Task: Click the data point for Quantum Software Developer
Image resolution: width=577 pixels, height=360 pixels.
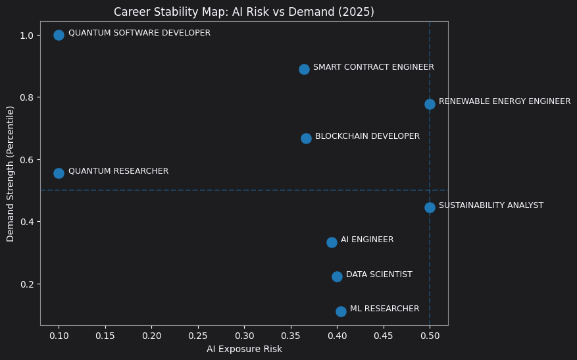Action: pyautogui.click(x=59, y=35)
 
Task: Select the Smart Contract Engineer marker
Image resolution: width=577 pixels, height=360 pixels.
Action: pyautogui.click(x=304, y=69)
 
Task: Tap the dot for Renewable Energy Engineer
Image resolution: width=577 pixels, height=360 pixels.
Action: pyautogui.click(x=430, y=104)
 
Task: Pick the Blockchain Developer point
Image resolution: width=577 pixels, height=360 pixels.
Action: pyautogui.click(x=306, y=138)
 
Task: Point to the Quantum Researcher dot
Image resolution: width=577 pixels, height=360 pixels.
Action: pyautogui.click(x=59, y=173)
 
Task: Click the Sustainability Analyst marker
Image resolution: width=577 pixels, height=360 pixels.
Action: pyautogui.click(x=430, y=207)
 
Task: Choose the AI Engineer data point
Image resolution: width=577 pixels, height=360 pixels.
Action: pyautogui.click(x=332, y=242)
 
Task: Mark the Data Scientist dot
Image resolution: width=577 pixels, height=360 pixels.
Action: pyautogui.click(x=337, y=276)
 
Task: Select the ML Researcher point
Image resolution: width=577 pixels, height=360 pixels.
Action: pyautogui.click(x=341, y=311)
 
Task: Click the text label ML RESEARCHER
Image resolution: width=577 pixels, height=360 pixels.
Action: pyautogui.click(x=384, y=309)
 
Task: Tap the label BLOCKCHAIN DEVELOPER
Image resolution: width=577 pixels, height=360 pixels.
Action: pyautogui.click(x=367, y=136)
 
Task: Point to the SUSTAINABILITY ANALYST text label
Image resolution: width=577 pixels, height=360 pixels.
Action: pyautogui.click(x=491, y=205)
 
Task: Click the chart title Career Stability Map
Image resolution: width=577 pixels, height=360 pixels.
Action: pyautogui.click(x=244, y=12)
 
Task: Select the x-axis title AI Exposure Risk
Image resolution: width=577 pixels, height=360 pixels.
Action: pyautogui.click(x=244, y=349)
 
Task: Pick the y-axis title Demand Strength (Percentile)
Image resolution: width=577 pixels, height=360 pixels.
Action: pyautogui.click(x=11, y=173)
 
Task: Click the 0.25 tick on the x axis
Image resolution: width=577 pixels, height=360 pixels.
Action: pyautogui.click(x=197, y=335)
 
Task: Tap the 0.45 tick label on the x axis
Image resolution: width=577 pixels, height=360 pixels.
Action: pyautogui.click(x=383, y=335)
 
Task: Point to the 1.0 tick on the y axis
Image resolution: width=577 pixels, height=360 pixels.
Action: pyautogui.click(x=26, y=35)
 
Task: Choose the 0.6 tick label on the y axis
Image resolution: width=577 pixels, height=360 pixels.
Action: pyautogui.click(x=26, y=160)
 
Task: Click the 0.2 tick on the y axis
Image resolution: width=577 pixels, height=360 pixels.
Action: pyautogui.click(x=26, y=284)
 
